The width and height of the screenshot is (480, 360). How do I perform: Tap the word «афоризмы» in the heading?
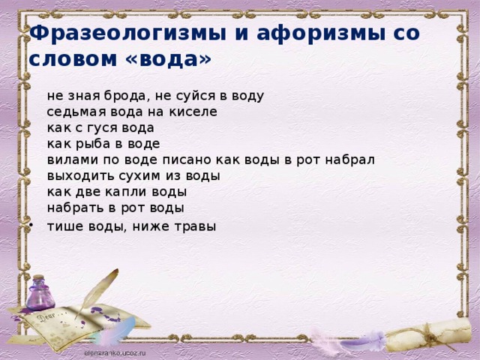coord(321,34)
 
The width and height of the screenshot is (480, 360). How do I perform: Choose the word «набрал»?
coord(349,160)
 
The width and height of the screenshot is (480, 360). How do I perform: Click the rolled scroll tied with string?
coord(428,335)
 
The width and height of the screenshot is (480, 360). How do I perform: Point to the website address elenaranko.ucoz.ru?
coord(115,353)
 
